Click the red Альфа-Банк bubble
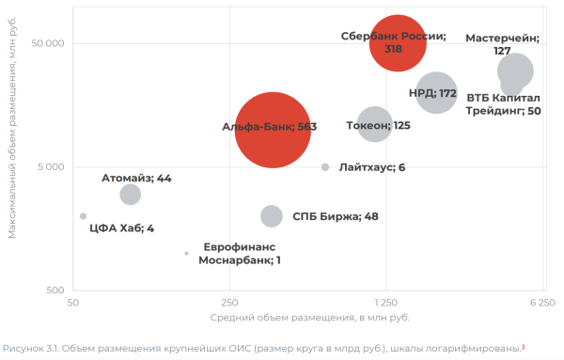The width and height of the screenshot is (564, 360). point(272,129)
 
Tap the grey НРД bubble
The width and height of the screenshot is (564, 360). point(436,93)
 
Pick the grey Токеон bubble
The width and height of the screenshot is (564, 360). point(374,124)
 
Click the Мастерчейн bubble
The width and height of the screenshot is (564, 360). point(515,70)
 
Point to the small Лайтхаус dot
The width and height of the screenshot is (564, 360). point(325,167)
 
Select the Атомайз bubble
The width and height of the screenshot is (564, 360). point(131,195)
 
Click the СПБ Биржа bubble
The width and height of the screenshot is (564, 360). point(271,216)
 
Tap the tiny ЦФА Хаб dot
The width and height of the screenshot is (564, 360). point(83,216)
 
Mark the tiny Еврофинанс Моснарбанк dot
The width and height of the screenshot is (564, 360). point(186,253)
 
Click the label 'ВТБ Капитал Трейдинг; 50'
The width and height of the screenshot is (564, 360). point(503,103)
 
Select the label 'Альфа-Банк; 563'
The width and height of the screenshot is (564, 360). point(268,129)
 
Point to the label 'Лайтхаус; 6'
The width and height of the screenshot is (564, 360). point(371,167)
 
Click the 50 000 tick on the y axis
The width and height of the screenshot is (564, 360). point(47,44)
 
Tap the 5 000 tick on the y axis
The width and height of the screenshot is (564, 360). point(50,167)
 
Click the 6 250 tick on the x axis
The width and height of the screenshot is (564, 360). point(542,304)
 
